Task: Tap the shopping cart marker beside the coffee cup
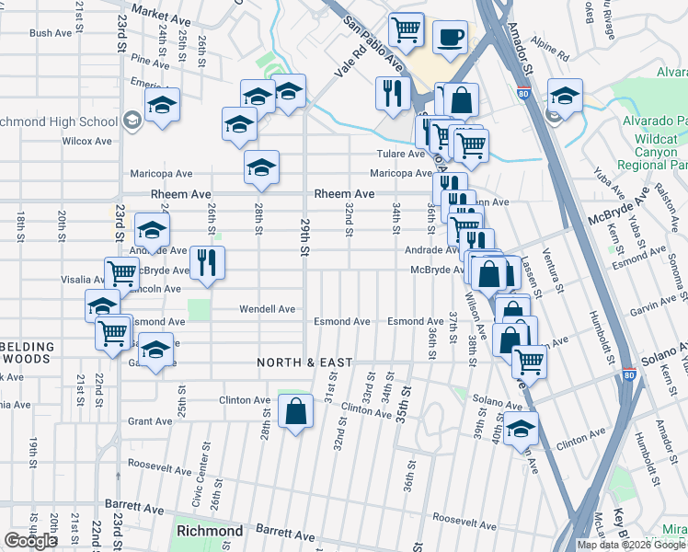tap(406, 30)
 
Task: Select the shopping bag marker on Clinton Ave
tap(296, 412)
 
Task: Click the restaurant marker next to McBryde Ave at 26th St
tap(207, 263)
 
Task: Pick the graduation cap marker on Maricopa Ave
tap(261, 168)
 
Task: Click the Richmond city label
tap(209, 531)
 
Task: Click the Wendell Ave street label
tap(268, 309)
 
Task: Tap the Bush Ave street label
tap(51, 33)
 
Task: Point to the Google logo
tap(31, 541)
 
